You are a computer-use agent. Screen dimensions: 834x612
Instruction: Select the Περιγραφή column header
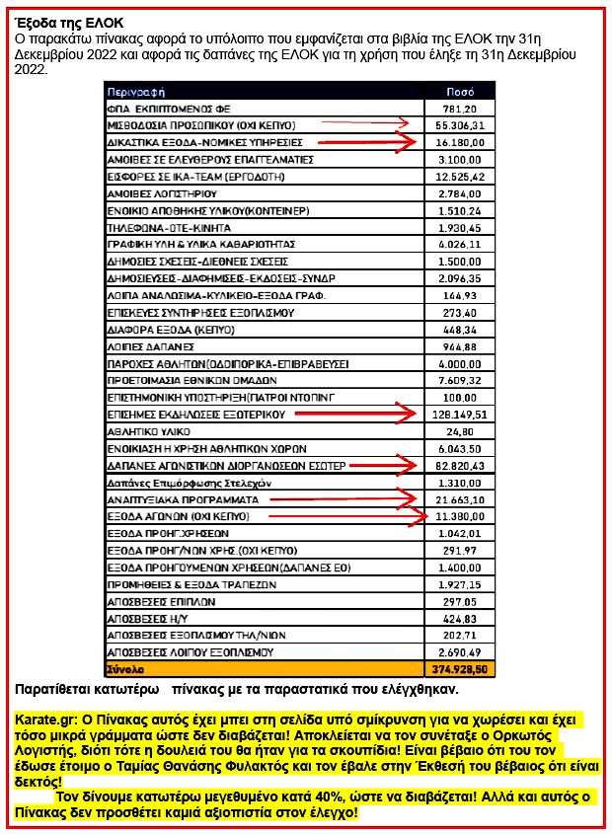tap(135, 90)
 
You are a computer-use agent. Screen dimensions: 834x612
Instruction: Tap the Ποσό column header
tap(459, 90)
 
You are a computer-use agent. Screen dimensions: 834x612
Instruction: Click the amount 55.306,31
tap(459, 125)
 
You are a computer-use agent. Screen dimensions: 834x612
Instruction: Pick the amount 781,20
tap(461, 109)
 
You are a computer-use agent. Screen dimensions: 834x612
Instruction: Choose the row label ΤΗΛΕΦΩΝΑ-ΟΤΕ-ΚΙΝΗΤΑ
tap(163, 226)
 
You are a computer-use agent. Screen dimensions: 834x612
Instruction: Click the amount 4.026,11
tap(461, 243)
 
